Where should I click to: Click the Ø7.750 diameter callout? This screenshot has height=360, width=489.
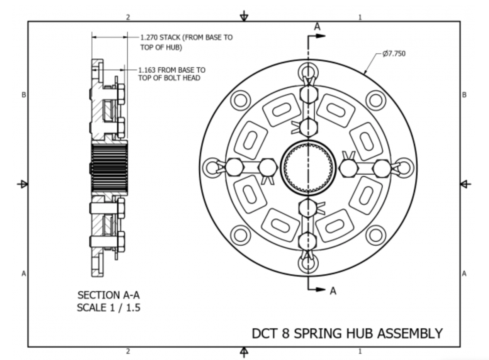click(394, 54)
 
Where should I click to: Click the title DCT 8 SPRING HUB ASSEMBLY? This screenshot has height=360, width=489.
click(347, 333)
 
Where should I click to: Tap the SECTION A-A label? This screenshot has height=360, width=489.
click(109, 295)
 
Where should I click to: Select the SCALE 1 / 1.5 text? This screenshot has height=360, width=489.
click(109, 308)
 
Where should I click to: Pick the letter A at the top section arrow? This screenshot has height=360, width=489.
click(317, 27)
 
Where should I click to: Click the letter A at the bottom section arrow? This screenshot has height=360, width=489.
click(333, 291)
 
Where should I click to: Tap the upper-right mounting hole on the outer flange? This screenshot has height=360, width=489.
click(375, 100)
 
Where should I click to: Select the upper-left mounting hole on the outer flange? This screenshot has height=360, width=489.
click(240, 100)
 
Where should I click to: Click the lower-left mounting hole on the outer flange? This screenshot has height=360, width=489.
click(240, 235)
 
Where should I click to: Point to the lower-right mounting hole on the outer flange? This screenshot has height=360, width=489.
click(375, 235)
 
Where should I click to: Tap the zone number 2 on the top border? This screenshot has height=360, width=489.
click(128, 17)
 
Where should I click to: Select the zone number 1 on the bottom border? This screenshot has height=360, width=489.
click(360, 351)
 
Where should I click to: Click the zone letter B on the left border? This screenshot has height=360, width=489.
click(24, 95)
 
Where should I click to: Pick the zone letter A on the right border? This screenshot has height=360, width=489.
click(464, 273)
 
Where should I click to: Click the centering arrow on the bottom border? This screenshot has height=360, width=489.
click(244, 352)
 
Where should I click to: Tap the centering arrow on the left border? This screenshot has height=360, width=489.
click(23, 184)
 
